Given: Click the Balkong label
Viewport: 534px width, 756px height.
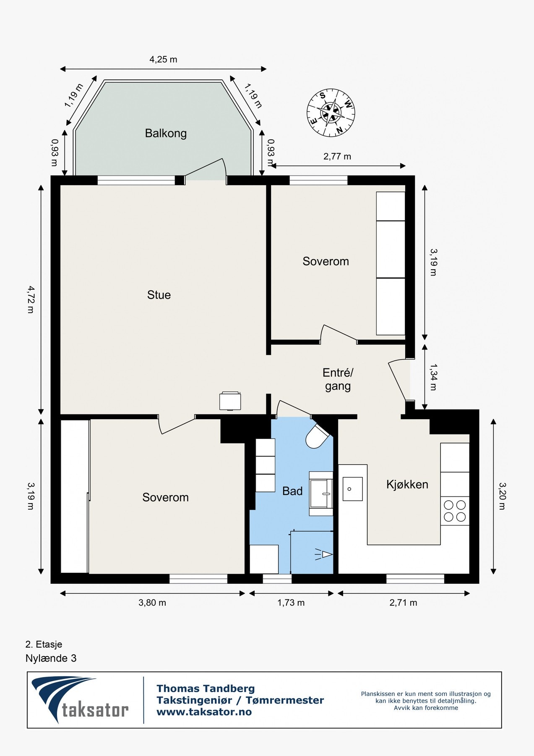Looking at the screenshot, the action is pos(166,134).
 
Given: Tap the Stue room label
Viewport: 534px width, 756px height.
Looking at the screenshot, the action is pos(159,295).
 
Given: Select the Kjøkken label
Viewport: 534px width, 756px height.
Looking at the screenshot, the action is pos(407,485).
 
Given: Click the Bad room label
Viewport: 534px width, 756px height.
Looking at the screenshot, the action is pos(292,491).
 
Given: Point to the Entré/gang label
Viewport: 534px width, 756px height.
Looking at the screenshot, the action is pos(338,379).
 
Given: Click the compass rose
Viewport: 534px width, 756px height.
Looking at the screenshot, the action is pos(331,113).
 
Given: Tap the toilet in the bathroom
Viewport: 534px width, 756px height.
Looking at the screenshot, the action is pos(319,436).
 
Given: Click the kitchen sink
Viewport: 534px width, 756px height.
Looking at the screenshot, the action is pos(352,489).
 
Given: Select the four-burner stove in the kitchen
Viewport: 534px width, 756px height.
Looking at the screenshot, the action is pos(455,511).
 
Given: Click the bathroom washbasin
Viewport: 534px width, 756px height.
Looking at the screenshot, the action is pos(321,493).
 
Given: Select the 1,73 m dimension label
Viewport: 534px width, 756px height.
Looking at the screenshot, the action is pos(291,603).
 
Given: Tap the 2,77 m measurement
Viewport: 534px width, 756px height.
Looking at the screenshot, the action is pos(337,157).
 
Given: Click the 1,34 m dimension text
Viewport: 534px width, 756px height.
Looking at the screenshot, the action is pos(433,377).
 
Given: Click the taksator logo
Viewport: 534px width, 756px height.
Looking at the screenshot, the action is pos(80,700).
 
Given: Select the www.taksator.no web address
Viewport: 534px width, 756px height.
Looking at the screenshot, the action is pos(204,712).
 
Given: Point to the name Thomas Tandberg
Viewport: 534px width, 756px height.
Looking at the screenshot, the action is pos(206,688).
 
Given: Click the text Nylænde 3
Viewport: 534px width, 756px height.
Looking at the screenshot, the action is pos(51,658).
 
